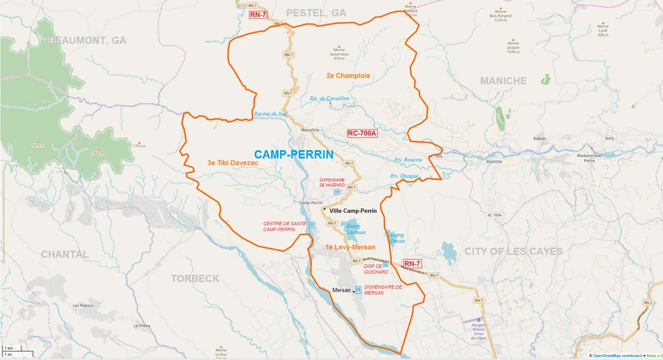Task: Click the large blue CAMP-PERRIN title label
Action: (x=293, y=155)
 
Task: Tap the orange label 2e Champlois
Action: (x=348, y=76)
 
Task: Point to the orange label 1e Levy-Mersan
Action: (x=351, y=247)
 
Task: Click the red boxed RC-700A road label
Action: (x=362, y=133)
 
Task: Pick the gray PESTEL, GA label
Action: (x=315, y=13)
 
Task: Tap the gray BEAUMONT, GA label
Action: (x=88, y=40)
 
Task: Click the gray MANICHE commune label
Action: (x=503, y=80)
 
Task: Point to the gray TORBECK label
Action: (x=195, y=278)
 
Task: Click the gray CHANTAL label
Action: (x=65, y=254)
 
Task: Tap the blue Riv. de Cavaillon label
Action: (x=330, y=99)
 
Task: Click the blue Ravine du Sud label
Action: (x=270, y=114)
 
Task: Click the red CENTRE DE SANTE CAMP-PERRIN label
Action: (x=279, y=226)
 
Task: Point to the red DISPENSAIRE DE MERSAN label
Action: (x=383, y=290)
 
